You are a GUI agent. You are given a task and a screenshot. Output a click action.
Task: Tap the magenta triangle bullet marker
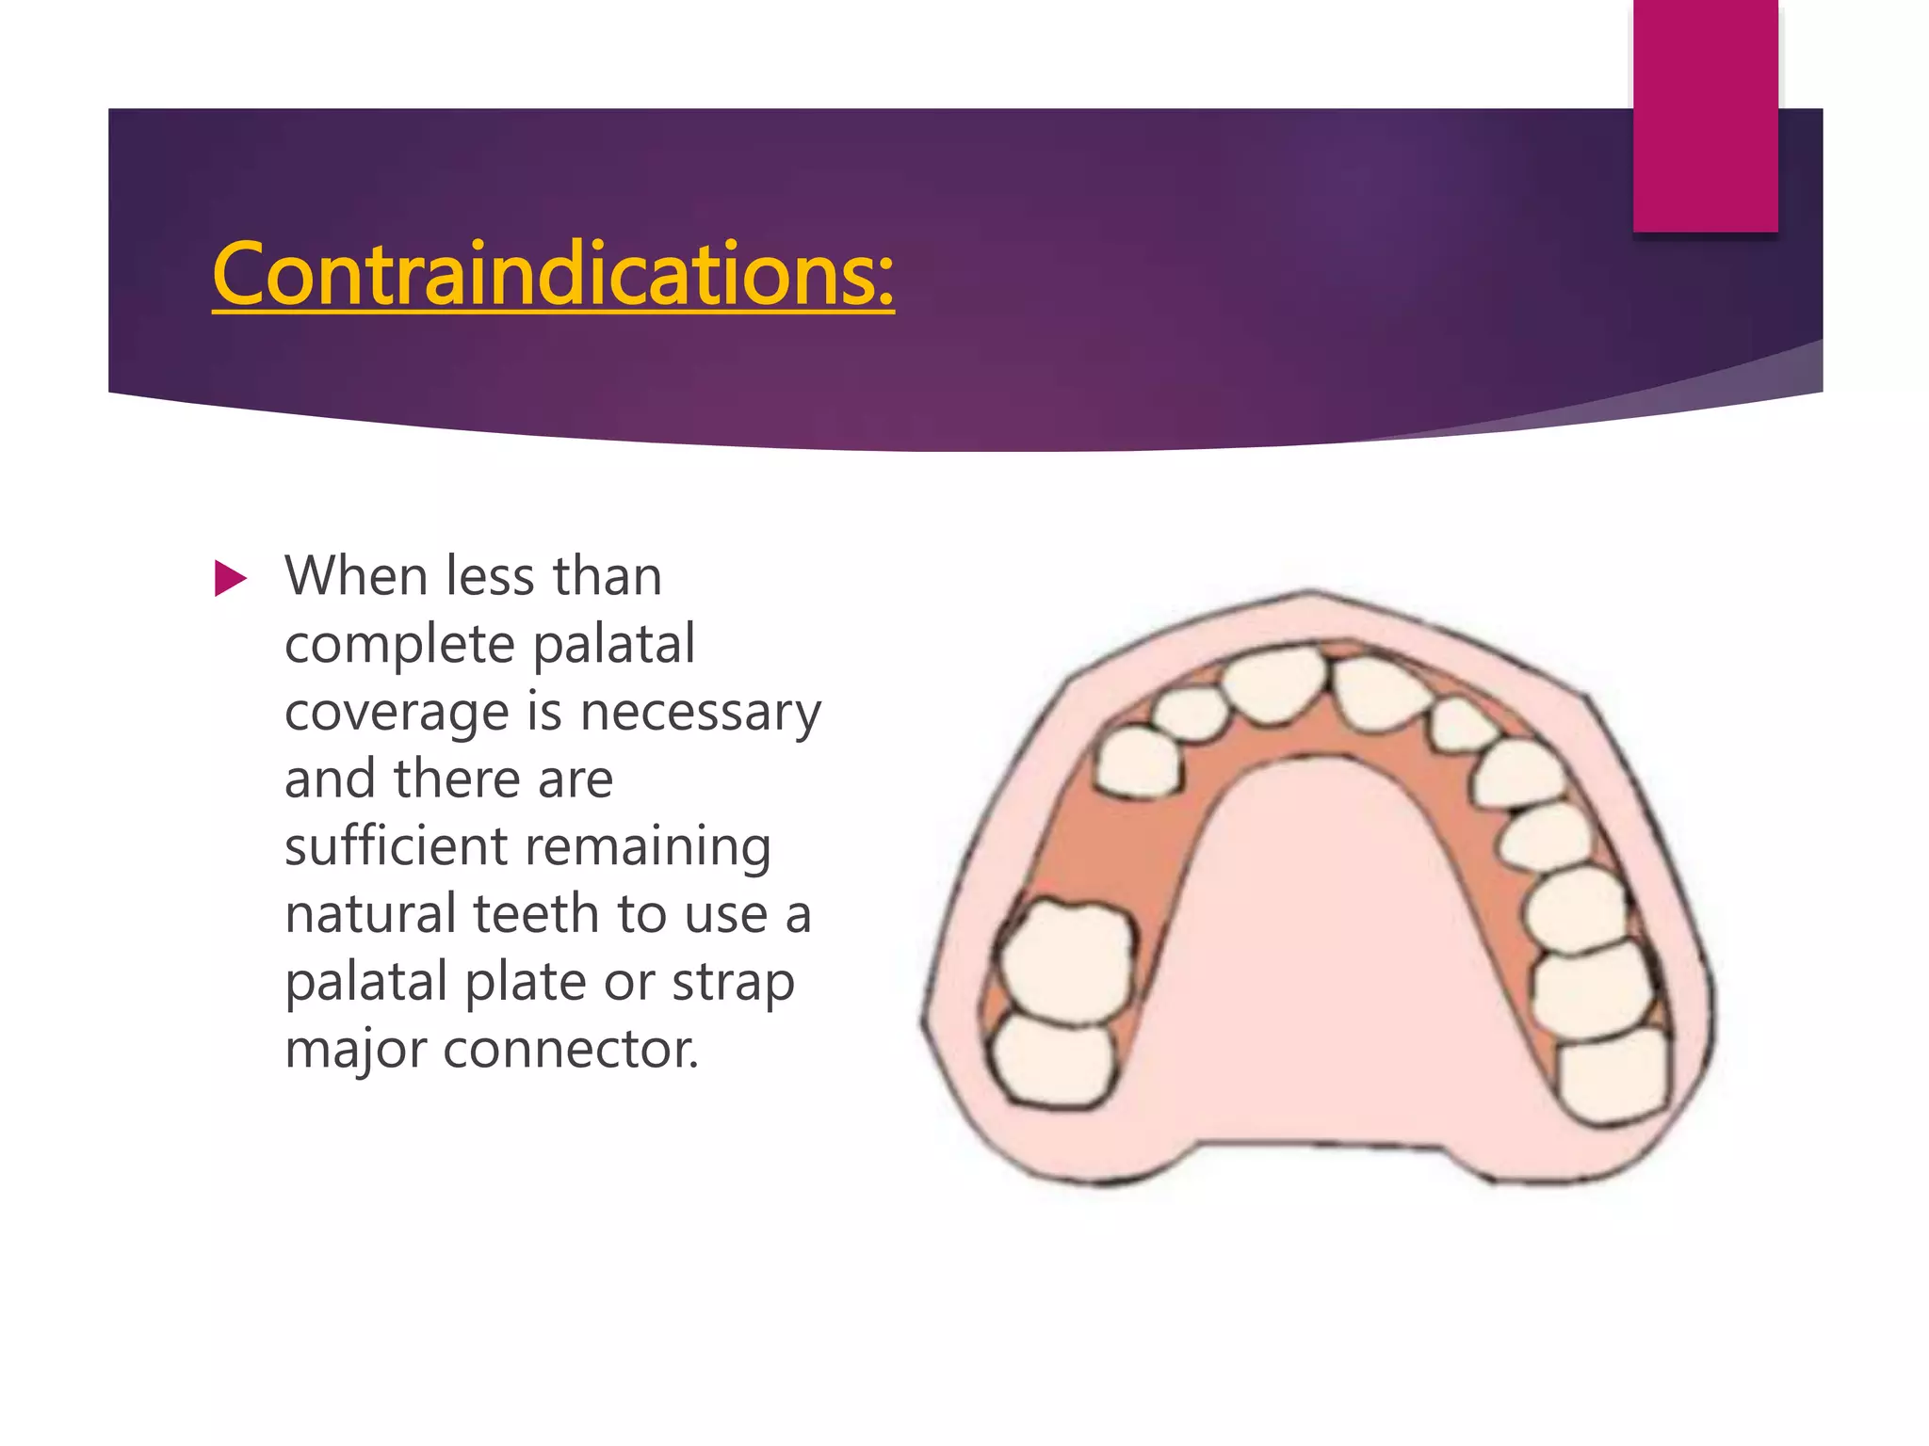tap(230, 578)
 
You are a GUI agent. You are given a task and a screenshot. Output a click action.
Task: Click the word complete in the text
tap(399, 645)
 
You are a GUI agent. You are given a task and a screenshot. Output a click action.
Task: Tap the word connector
tap(571, 1049)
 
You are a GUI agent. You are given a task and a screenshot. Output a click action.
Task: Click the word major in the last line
tap(355, 1051)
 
